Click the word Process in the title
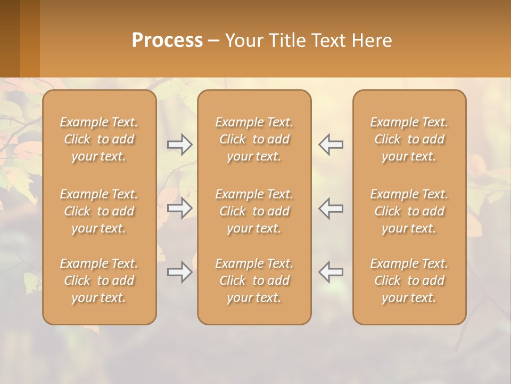167,41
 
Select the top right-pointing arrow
179,145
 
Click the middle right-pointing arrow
179,208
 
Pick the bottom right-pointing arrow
179,272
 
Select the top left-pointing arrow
331,145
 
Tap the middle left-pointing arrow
331,208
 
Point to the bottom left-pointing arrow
331,272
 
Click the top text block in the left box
99,139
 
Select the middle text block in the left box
99,211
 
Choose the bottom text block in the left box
99,281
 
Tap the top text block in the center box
254,139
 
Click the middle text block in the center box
254,211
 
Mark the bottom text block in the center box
254,281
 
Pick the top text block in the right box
409,139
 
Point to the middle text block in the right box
409,211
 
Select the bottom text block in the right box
409,281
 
